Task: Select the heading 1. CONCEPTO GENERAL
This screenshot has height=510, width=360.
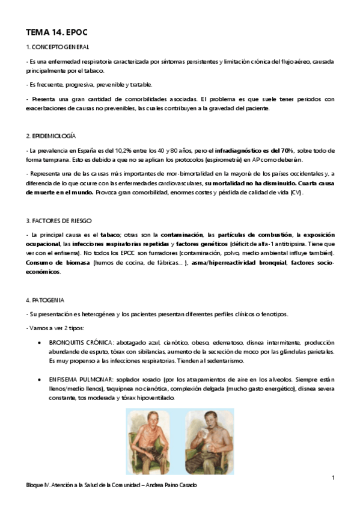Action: point(58,47)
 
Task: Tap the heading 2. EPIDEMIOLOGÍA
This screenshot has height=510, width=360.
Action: point(50,137)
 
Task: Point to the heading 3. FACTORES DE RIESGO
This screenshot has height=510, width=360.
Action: point(59,221)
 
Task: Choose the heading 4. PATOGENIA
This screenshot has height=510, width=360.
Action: point(45,300)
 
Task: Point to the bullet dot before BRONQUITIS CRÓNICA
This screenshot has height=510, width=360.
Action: point(39,342)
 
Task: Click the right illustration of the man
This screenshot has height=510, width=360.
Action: point(210,441)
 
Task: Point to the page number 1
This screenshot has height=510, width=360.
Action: point(332,477)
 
